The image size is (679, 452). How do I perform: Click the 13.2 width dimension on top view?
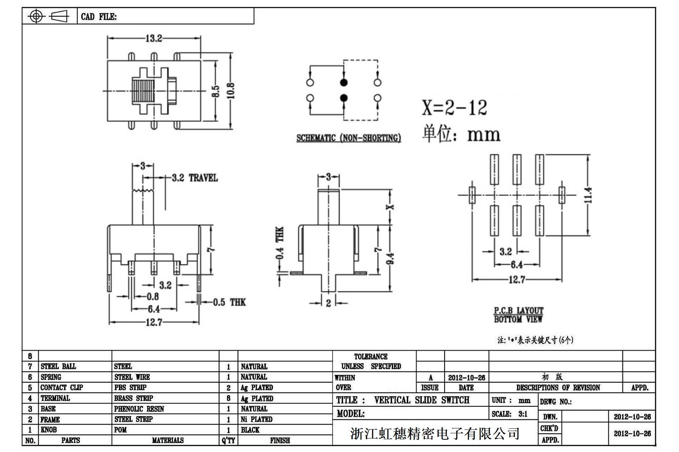click(154, 39)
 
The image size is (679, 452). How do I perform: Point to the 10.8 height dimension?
click(231, 91)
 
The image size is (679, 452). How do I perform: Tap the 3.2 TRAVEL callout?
click(195, 178)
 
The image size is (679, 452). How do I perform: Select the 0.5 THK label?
click(229, 302)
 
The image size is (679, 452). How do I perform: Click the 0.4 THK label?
click(280, 243)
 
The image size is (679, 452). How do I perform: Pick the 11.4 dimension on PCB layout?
click(588, 195)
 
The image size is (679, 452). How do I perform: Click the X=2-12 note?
click(454, 108)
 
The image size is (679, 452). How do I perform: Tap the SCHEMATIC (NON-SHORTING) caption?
click(348, 138)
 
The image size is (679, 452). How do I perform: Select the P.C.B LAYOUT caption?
click(518, 310)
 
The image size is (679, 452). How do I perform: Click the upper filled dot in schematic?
click(343, 83)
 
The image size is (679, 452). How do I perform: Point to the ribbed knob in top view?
click(142, 91)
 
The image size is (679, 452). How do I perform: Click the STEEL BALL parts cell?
click(58, 366)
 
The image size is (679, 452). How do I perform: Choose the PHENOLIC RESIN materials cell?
click(139, 409)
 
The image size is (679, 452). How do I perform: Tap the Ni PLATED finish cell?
click(256, 419)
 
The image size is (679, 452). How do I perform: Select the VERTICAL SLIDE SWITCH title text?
click(421, 400)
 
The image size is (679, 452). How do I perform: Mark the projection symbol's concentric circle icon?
click(36, 16)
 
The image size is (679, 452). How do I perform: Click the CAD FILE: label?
click(99, 17)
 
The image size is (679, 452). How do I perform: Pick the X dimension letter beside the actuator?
click(390, 207)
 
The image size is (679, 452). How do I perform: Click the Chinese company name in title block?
click(435, 434)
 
